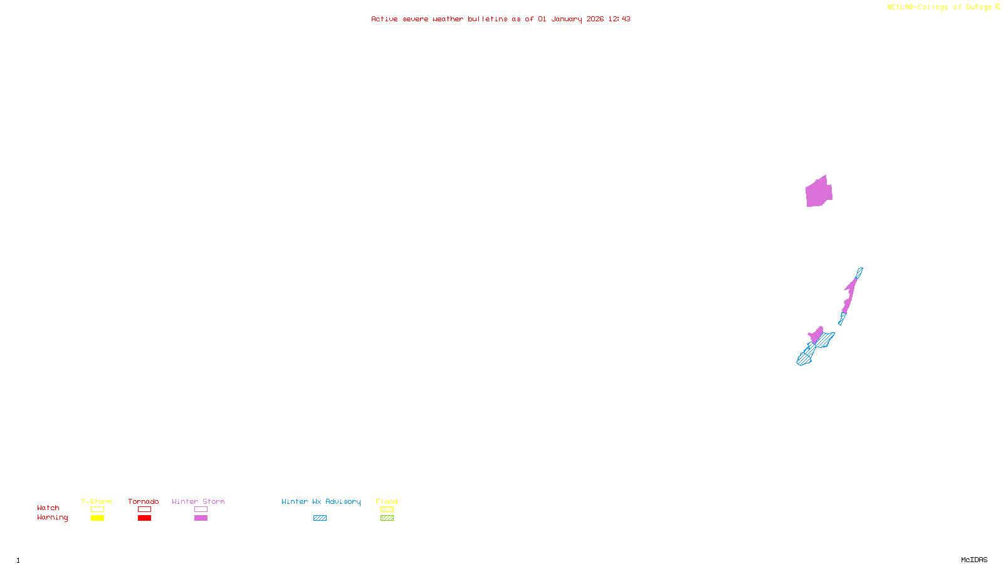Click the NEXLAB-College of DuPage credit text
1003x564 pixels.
[x=942, y=8]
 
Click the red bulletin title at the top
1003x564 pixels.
[x=500, y=19]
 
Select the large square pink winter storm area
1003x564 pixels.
[x=819, y=192]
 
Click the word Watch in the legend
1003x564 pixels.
[x=48, y=508]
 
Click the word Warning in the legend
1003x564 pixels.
[x=52, y=518]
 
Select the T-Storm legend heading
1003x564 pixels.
[x=97, y=501]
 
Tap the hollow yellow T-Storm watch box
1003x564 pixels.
[x=97, y=509]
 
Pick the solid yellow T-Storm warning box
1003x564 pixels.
[x=97, y=518]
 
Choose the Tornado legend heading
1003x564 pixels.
[x=144, y=501]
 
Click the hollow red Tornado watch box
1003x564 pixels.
[x=144, y=509]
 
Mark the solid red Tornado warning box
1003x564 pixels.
[x=144, y=518]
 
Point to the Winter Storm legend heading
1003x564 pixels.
[x=198, y=501]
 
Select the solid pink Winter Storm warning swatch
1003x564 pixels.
[x=201, y=518]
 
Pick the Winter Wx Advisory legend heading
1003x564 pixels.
[x=321, y=501]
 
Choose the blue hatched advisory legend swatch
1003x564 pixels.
[x=320, y=518]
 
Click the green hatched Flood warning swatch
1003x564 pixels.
[x=387, y=518]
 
